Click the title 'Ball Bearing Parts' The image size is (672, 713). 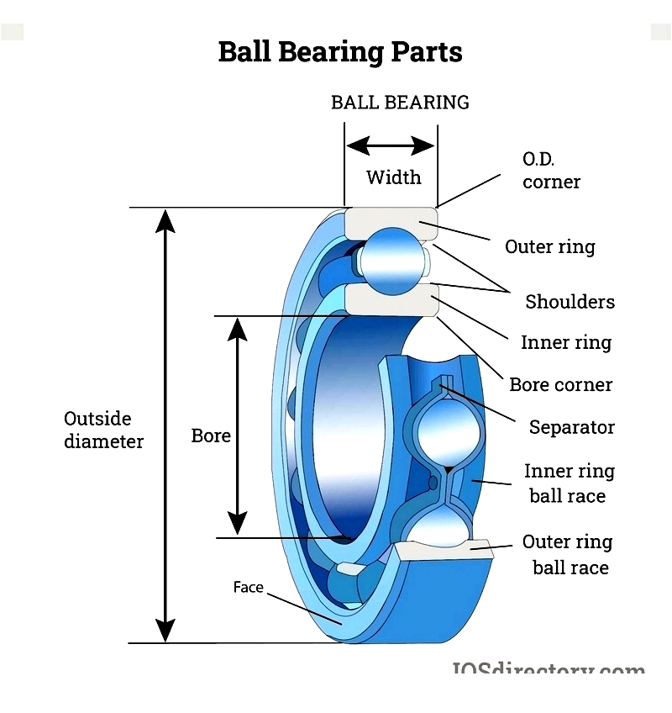coord(340,52)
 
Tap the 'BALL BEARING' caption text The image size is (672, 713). coord(400,103)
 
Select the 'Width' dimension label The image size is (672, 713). coord(393,177)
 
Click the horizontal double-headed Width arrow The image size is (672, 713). coord(391,146)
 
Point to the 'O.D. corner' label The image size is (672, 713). coord(551,170)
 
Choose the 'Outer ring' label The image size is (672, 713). coord(549,246)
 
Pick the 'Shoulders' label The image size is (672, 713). coord(570,302)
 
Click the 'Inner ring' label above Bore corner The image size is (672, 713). coord(566,343)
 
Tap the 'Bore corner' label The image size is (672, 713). coord(561,385)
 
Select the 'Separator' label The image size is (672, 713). coord(571,427)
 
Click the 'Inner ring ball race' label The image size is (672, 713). coord(569,483)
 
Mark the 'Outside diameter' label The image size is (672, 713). coord(103,430)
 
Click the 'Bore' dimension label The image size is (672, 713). coord(211,436)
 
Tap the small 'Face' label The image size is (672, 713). coord(248,588)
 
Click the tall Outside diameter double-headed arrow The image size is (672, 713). coord(166,425)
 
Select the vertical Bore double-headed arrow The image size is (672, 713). coord(239,426)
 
